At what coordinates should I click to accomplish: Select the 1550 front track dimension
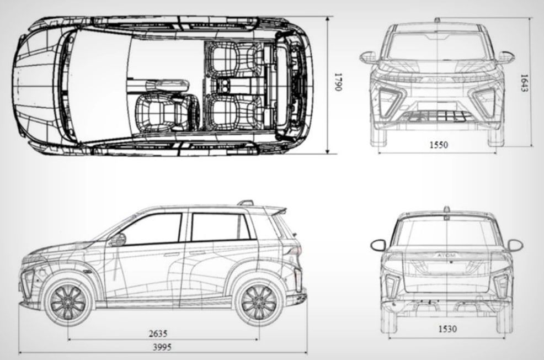[x=438, y=145]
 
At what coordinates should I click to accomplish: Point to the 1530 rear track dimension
[x=447, y=329]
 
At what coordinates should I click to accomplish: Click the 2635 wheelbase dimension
[x=158, y=333]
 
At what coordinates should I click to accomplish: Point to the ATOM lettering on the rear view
[x=447, y=256]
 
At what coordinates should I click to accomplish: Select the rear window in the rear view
[x=447, y=232]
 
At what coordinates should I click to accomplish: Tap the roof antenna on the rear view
[x=446, y=209]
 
